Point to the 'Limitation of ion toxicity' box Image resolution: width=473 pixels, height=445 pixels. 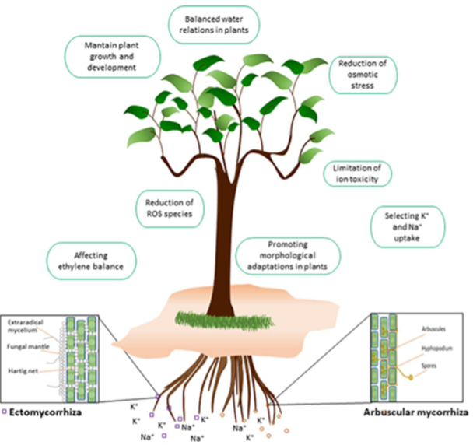pyautogui.click(x=356, y=173)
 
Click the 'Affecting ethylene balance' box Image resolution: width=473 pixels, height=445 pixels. pyautogui.click(x=92, y=261)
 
